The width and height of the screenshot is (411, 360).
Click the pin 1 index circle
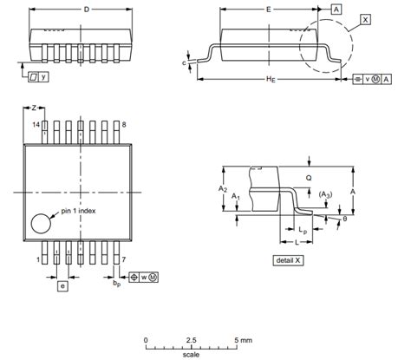41,224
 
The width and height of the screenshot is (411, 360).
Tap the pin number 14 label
36,125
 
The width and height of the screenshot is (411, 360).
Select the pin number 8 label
125,125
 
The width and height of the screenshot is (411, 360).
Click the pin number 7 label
125,259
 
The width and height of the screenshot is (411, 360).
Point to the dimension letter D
85,10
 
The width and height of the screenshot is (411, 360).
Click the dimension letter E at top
270,10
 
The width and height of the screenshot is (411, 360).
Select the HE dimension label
270,81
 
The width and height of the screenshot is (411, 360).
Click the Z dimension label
34,108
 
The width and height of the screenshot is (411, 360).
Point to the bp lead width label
116,282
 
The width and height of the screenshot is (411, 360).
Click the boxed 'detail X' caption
287,260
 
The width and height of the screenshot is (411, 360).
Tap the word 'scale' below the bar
190,354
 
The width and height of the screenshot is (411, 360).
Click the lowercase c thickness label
184,62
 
